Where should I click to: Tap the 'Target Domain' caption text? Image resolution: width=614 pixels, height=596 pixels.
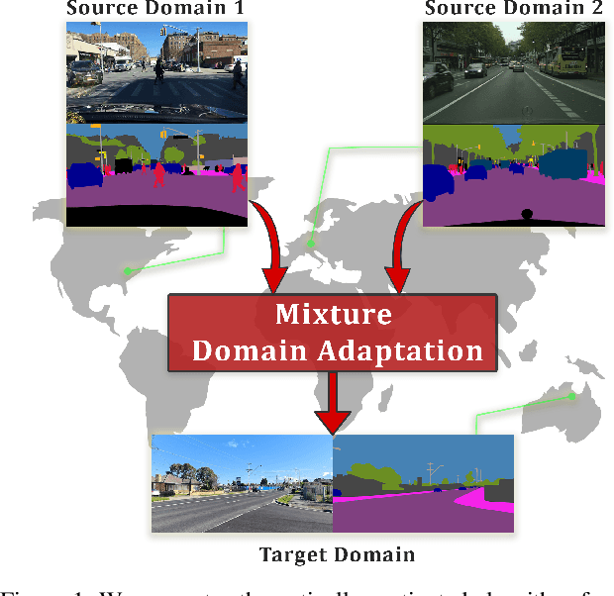pos(337,554)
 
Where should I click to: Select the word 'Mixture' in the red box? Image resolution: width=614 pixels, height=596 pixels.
pos(333,315)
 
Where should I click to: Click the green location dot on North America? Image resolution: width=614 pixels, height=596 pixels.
pos(127,270)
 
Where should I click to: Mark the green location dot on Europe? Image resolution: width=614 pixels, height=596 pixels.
pos(310,243)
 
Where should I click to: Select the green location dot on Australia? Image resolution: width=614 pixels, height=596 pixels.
pos(572,396)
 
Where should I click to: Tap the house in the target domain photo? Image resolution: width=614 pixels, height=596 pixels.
pos(176,484)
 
